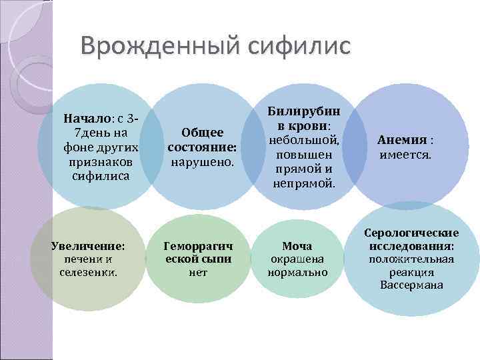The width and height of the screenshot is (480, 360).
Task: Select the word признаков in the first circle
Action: pos(100,162)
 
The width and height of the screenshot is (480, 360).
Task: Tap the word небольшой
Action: pos(304,140)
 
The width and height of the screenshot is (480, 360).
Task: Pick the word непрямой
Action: pos(304,183)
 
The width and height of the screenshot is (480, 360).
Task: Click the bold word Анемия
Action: pos(401,140)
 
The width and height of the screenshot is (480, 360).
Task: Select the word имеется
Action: pos(405,155)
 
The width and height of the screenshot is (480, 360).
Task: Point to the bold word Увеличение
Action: pos(88,245)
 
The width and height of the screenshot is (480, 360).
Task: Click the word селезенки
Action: pos(89,273)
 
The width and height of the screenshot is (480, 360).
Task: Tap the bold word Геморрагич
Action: pos(198,245)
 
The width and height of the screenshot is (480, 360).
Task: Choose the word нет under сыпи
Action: pos(198,273)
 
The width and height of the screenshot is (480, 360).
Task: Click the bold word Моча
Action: pos(297,245)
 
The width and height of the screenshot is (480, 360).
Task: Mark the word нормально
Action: pos(297,273)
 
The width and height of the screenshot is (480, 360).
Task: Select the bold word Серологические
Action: pos(411,233)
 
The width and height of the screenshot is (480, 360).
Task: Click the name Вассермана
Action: pos(411,286)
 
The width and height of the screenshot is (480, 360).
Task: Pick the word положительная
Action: pos(411,259)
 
